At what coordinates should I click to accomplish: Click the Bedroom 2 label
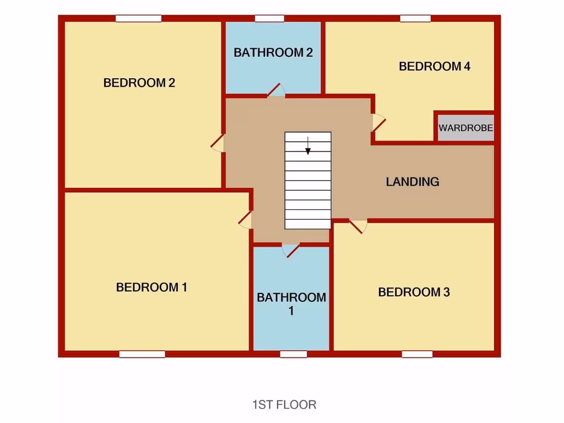click(x=139, y=83)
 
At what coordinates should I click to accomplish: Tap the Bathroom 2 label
click(x=273, y=53)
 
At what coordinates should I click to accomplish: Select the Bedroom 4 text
click(x=435, y=67)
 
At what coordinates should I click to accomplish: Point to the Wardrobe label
click(x=466, y=128)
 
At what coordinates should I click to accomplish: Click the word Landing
click(x=413, y=182)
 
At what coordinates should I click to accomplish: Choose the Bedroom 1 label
click(x=152, y=288)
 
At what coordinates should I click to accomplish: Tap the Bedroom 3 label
click(x=414, y=292)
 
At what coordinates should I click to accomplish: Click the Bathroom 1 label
click(x=291, y=304)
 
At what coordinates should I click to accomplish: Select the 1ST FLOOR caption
click(x=284, y=405)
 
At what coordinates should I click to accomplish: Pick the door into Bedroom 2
click(x=218, y=143)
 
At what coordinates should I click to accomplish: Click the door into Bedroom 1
click(x=246, y=220)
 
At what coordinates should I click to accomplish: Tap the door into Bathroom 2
click(x=275, y=90)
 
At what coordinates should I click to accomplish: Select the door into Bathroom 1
click(x=290, y=251)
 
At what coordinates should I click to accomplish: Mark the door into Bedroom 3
click(x=358, y=226)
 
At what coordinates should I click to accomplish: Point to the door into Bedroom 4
click(x=378, y=122)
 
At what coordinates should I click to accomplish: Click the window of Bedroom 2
click(x=138, y=19)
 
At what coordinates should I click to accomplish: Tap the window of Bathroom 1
click(x=293, y=354)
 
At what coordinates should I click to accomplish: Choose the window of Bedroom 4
click(x=415, y=19)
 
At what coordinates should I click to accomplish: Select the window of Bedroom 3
click(x=417, y=354)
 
